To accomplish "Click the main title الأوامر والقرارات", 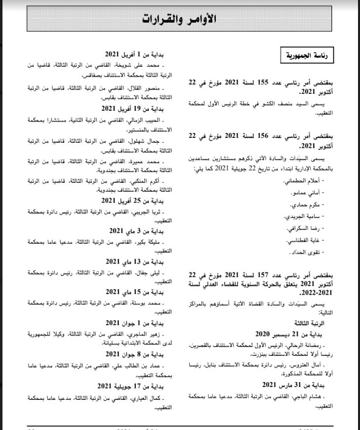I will [x=180, y=18].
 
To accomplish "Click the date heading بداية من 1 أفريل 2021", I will [x=139, y=54].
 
